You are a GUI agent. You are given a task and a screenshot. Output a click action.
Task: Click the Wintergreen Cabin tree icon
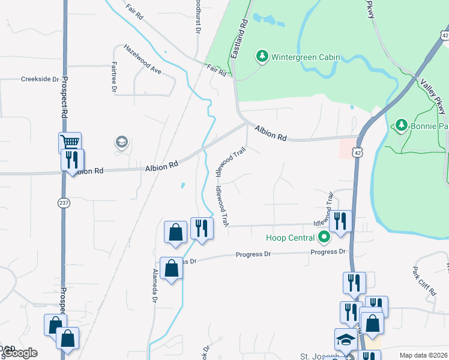[262, 57]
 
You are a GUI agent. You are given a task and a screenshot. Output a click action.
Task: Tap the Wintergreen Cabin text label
[306, 58]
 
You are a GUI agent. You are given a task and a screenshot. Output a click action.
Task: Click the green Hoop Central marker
[324, 237]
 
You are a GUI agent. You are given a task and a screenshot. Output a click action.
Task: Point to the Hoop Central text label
[291, 238]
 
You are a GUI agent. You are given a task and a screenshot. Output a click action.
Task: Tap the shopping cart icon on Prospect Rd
[70, 143]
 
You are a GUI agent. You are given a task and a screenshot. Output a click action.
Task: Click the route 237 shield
[64, 203]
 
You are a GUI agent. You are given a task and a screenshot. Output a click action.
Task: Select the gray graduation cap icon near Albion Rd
[121, 142]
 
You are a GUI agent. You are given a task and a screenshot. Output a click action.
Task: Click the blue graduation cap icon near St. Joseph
[346, 340]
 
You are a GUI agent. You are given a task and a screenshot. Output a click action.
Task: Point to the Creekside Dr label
[40, 79]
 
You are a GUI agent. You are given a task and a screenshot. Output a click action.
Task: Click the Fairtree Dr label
[113, 77]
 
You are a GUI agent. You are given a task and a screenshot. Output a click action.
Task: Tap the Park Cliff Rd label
[424, 281]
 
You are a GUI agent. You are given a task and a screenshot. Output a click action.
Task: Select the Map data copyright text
[423, 355]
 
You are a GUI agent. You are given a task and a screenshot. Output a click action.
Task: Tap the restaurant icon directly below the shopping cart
[72, 160]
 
